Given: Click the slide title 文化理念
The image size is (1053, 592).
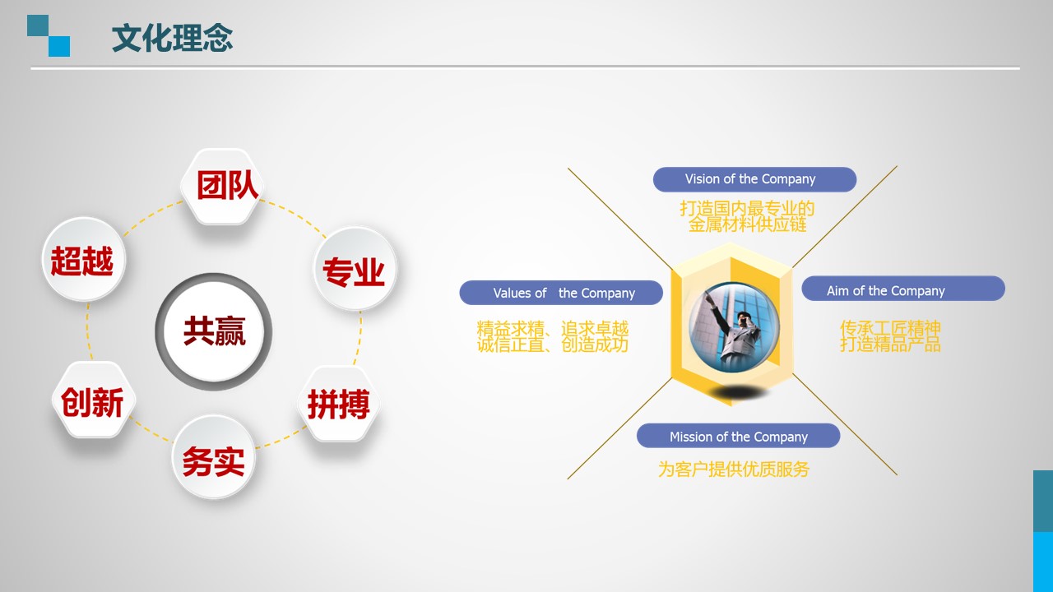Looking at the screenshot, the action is point(172,38).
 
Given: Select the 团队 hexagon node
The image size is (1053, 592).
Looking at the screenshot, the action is point(222,187).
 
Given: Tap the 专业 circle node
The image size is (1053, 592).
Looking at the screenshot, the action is point(355,268).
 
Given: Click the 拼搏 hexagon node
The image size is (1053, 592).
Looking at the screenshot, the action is point(339,404).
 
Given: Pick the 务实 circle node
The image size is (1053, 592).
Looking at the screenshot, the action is point(213,457).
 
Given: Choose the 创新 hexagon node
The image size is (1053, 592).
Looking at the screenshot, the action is point(94,400).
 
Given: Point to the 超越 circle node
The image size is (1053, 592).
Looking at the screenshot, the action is point(84,259).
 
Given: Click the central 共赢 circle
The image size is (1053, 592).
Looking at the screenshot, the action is point(213,331).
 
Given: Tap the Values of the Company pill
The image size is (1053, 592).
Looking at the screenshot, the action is point(561,293).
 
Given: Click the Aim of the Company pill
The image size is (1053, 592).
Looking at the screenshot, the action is point(903,288).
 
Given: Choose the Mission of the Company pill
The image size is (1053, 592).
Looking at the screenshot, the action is point(738,436).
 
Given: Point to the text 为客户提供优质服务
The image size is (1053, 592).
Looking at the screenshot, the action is point(733,469).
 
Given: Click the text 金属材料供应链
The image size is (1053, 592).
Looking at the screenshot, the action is point(748,224).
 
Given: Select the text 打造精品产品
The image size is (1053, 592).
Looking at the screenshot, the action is point(890,344).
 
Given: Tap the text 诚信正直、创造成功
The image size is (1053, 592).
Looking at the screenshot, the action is point(553,345).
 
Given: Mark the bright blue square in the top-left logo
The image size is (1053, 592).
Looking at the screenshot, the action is point(59,47).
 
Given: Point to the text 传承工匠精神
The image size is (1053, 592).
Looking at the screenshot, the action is point(890,328).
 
